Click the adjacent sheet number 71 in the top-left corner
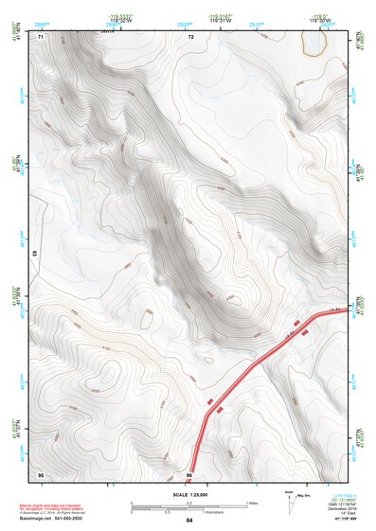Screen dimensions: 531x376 (x=41, y=37)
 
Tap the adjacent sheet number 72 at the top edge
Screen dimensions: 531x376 (x=190, y=37)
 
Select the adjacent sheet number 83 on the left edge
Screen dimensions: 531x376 (x=34, y=254)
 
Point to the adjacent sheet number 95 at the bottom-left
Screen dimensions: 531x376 (x=41, y=473)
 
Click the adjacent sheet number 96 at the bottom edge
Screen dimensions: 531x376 (x=189, y=473)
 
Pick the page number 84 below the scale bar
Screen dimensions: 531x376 (x=189, y=521)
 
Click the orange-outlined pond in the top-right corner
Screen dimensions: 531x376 (x=313, y=43)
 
